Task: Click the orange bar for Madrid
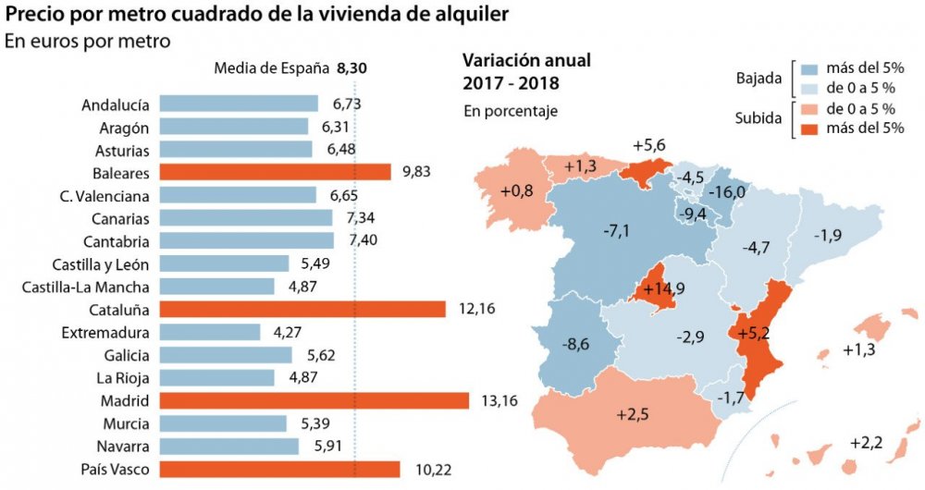tap(314, 400)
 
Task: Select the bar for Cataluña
tap(302, 309)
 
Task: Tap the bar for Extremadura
tap(210, 332)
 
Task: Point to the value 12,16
tap(476, 309)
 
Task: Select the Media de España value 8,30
tap(355, 67)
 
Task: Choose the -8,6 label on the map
tap(576, 344)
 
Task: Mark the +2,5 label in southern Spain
tap(634, 414)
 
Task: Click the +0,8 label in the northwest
tap(517, 191)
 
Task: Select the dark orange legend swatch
tap(811, 128)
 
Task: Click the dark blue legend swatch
tap(811, 68)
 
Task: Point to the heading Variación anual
tap(525, 62)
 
